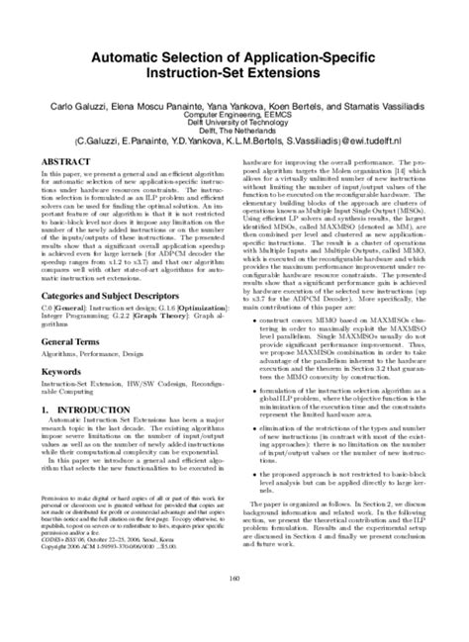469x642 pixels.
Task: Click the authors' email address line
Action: [234, 141]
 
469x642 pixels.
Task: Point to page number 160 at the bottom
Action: [234, 607]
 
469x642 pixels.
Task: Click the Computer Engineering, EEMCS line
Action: [234, 114]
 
